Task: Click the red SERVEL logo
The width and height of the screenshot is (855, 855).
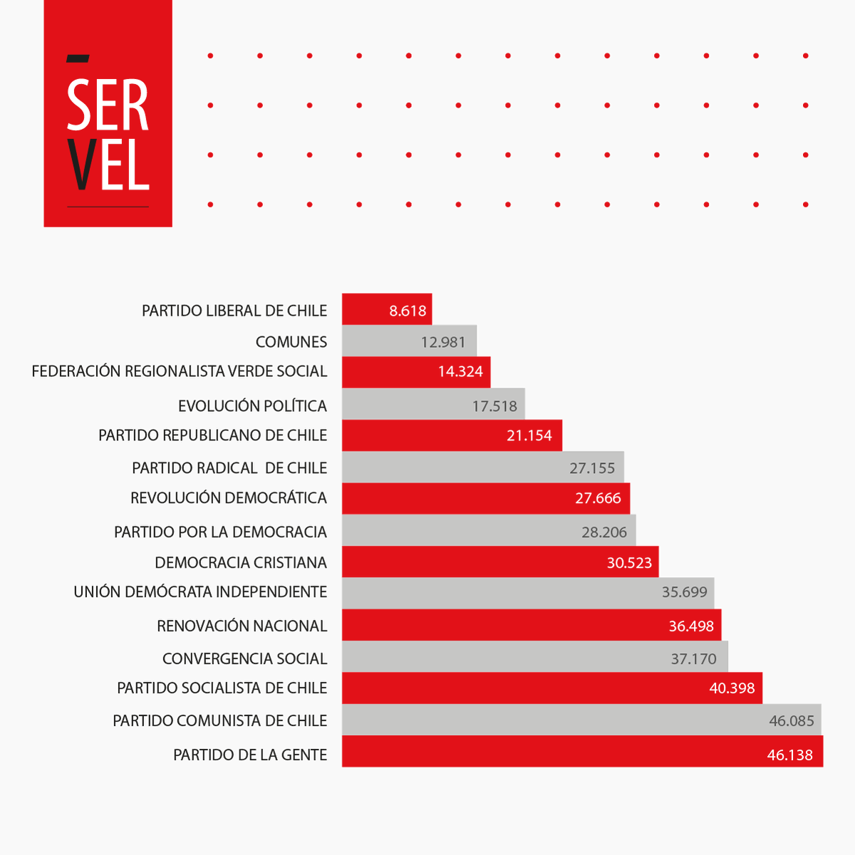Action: (108, 114)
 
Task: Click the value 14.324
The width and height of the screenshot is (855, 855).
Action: (460, 371)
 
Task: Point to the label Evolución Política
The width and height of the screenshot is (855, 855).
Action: (252, 406)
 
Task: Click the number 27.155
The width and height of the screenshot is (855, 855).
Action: (592, 468)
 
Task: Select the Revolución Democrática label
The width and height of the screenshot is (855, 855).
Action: (228, 498)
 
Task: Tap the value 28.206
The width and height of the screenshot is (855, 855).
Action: (604, 532)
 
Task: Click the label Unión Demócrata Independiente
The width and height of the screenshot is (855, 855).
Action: (200, 592)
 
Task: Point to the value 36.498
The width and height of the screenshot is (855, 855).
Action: (691, 626)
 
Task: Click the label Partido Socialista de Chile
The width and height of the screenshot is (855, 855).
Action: (222, 688)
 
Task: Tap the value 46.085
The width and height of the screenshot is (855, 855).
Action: (791, 721)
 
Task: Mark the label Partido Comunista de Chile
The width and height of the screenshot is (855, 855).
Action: (219, 721)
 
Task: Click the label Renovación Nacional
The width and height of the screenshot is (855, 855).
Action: (242, 626)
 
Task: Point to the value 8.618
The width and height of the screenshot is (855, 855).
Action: (408, 311)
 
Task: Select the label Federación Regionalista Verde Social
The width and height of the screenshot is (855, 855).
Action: (179, 371)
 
